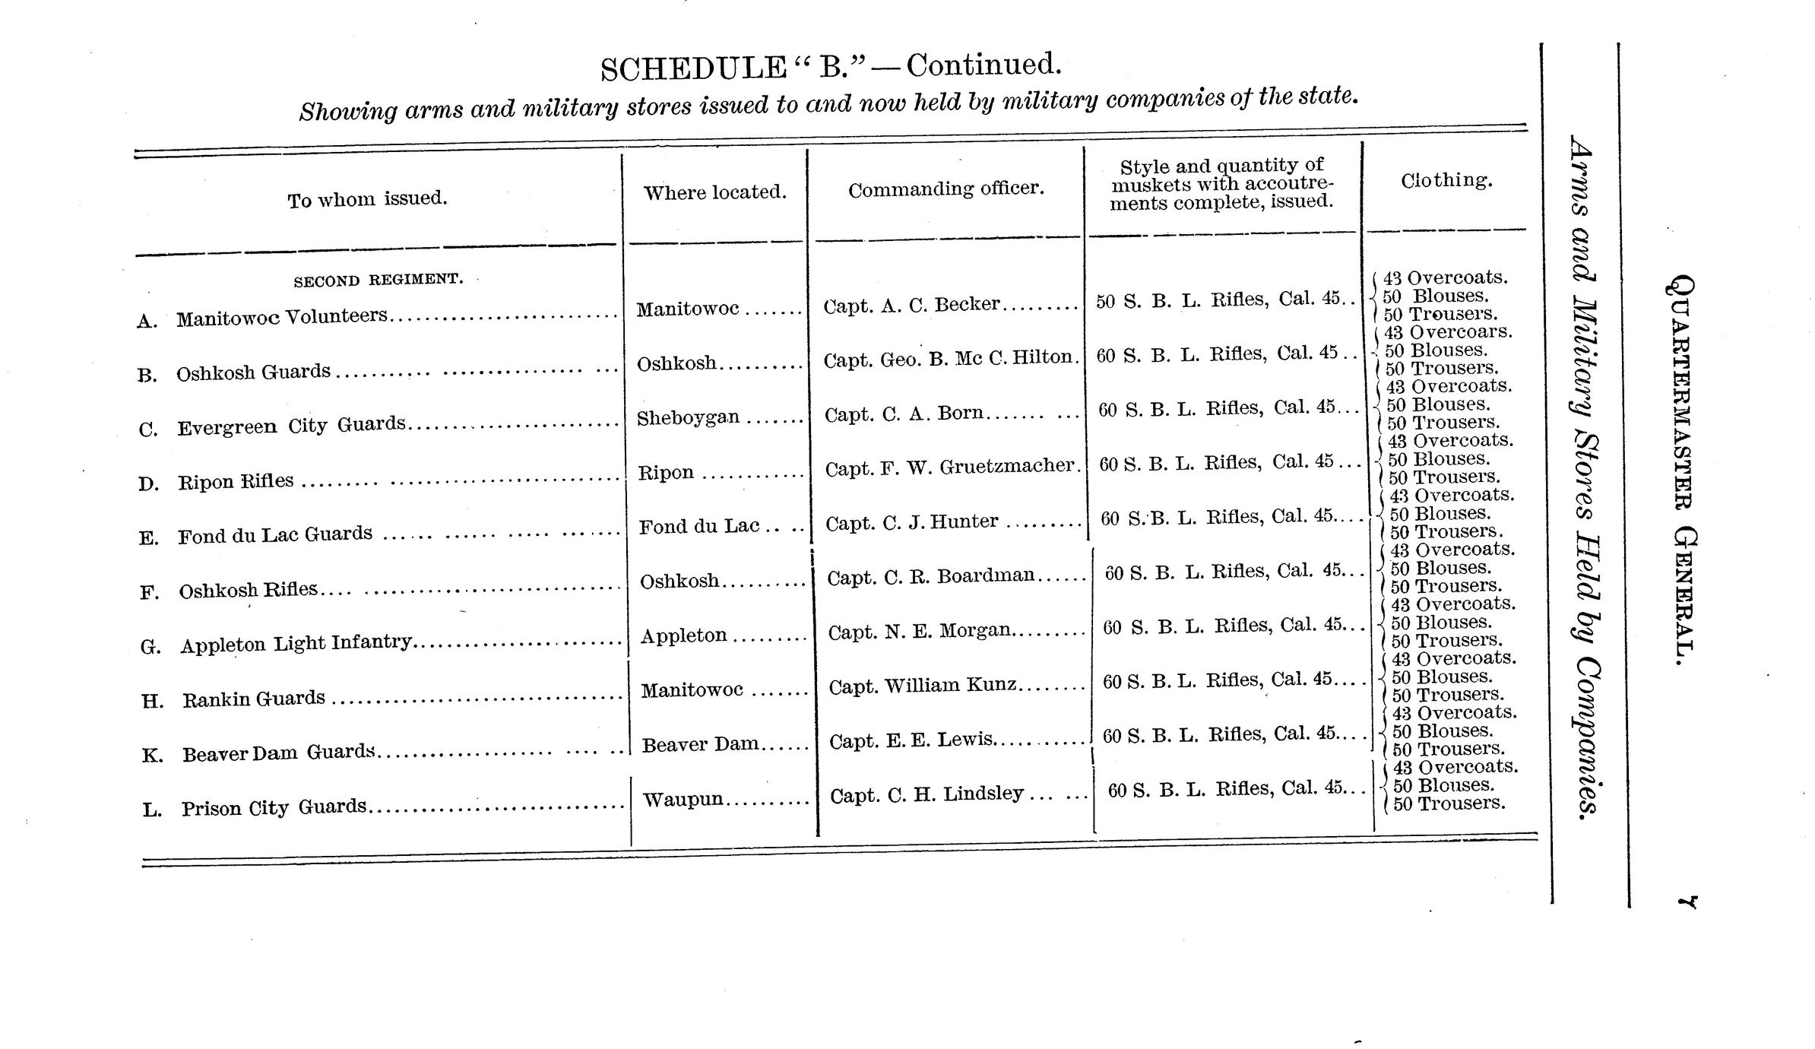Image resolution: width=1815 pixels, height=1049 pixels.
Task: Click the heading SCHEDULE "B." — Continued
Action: coord(830,66)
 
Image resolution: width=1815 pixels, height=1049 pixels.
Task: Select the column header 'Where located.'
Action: coord(714,192)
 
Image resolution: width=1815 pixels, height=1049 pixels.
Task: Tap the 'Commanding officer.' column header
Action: coord(946,189)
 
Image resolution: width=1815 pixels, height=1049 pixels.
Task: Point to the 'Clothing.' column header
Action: coord(1446,180)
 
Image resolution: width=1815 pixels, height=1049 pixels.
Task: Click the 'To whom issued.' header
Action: coord(367,199)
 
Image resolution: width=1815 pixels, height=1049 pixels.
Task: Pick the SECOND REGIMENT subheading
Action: coord(378,280)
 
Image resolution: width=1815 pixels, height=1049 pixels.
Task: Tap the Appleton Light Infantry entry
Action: coord(296,643)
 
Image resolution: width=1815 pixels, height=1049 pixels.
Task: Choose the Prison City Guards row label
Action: coord(274,807)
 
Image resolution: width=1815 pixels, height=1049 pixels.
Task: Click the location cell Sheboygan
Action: coord(688,417)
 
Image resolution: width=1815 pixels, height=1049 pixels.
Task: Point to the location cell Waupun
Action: coord(683,799)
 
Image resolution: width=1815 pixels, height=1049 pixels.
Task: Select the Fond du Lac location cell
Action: coord(698,526)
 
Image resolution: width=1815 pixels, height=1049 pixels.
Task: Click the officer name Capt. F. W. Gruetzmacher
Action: coord(951,467)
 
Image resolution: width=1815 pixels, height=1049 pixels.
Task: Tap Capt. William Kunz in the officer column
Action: coord(922,686)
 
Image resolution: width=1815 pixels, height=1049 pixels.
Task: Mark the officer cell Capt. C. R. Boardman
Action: coord(931,577)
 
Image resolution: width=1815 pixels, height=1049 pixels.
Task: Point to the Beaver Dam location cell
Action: coord(700,744)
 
